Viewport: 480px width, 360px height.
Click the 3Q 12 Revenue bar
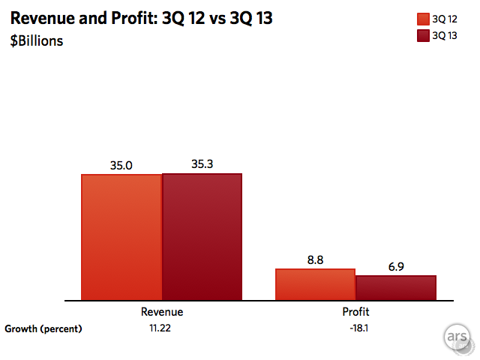click(121, 237)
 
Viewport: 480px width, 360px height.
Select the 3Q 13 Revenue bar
click(202, 236)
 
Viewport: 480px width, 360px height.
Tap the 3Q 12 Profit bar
click(315, 284)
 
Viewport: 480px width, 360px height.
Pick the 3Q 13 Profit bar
click(395, 288)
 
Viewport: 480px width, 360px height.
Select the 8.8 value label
click(315, 259)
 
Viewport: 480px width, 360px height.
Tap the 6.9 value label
click(395, 266)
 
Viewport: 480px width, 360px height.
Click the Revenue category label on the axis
click(161, 311)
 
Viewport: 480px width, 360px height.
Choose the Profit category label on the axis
click(355, 311)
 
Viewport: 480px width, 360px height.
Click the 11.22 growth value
click(161, 328)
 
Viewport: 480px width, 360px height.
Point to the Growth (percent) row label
click(43, 328)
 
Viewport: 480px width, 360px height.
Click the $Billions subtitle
click(37, 40)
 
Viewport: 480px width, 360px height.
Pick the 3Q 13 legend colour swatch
click(422, 35)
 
